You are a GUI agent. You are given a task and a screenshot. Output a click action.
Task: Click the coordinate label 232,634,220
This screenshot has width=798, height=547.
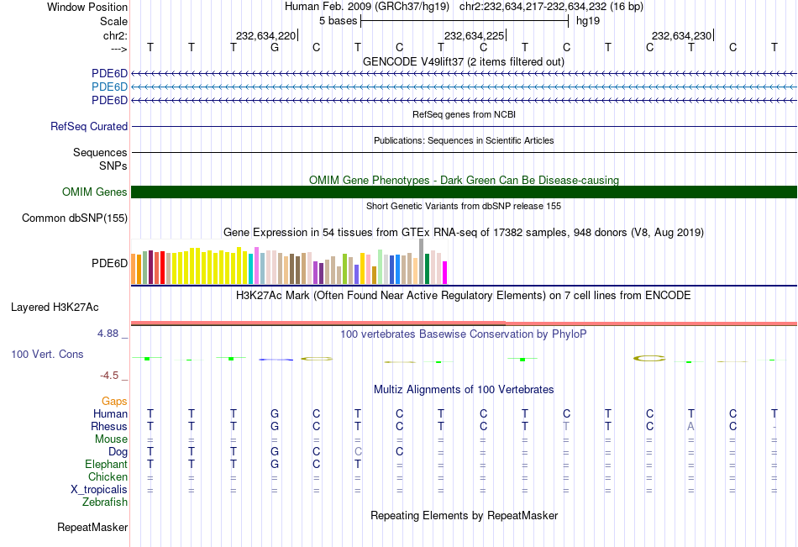[x=265, y=35]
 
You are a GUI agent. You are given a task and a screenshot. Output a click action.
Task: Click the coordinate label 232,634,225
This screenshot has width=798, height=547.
[x=474, y=35]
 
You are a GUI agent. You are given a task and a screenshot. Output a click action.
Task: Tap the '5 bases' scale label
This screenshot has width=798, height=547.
[x=338, y=20]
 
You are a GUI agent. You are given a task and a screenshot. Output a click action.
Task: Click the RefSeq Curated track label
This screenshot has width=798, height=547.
[x=89, y=127]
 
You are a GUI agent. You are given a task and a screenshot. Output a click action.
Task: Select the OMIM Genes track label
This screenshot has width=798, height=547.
[x=95, y=192]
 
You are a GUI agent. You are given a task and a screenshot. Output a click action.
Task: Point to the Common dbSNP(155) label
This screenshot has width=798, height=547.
[x=75, y=218]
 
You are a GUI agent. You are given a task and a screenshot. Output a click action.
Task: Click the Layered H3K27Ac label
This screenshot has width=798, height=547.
[x=55, y=307]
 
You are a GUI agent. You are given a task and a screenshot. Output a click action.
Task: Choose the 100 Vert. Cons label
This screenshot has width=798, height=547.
[x=47, y=355]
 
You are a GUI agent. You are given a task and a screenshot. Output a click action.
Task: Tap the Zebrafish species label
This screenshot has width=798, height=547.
[x=105, y=502]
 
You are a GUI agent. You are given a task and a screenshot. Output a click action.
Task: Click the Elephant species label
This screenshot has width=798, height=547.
[x=106, y=465]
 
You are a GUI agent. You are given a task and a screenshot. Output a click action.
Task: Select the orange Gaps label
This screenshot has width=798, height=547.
[x=114, y=402]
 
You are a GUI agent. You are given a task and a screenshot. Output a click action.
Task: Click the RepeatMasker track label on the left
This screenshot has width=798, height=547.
[x=92, y=528]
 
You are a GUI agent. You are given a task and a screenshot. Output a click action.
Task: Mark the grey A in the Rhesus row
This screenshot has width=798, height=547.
[x=691, y=427]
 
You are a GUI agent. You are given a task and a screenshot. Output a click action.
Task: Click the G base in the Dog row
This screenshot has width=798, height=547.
[x=275, y=452]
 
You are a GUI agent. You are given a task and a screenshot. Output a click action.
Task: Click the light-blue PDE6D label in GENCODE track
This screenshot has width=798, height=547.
[x=109, y=87]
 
